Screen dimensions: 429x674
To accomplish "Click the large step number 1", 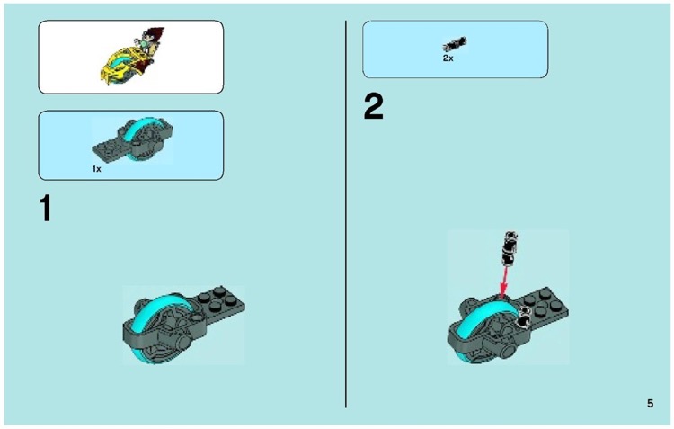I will click(46, 209).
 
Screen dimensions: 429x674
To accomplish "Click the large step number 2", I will click(373, 108).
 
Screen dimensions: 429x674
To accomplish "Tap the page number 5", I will click(650, 404).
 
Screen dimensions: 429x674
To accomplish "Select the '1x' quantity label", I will click(96, 168).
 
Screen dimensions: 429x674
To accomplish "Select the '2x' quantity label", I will click(448, 58).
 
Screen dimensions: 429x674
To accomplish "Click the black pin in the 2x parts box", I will click(455, 43).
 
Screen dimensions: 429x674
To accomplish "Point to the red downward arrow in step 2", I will click(505, 276).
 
